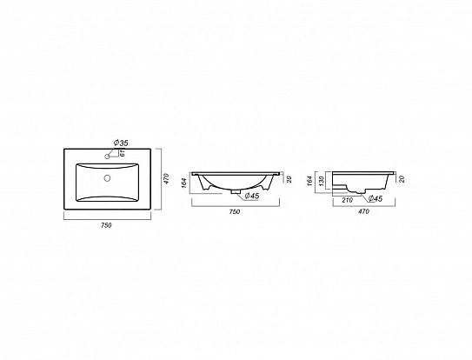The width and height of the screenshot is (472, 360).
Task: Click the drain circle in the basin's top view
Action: click(x=108, y=179)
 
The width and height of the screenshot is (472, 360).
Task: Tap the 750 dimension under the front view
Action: click(x=233, y=211)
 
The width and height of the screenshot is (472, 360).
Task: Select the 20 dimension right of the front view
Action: click(x=289, y=179)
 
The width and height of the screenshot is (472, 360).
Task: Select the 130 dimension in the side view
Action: click(x=322, y=181)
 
